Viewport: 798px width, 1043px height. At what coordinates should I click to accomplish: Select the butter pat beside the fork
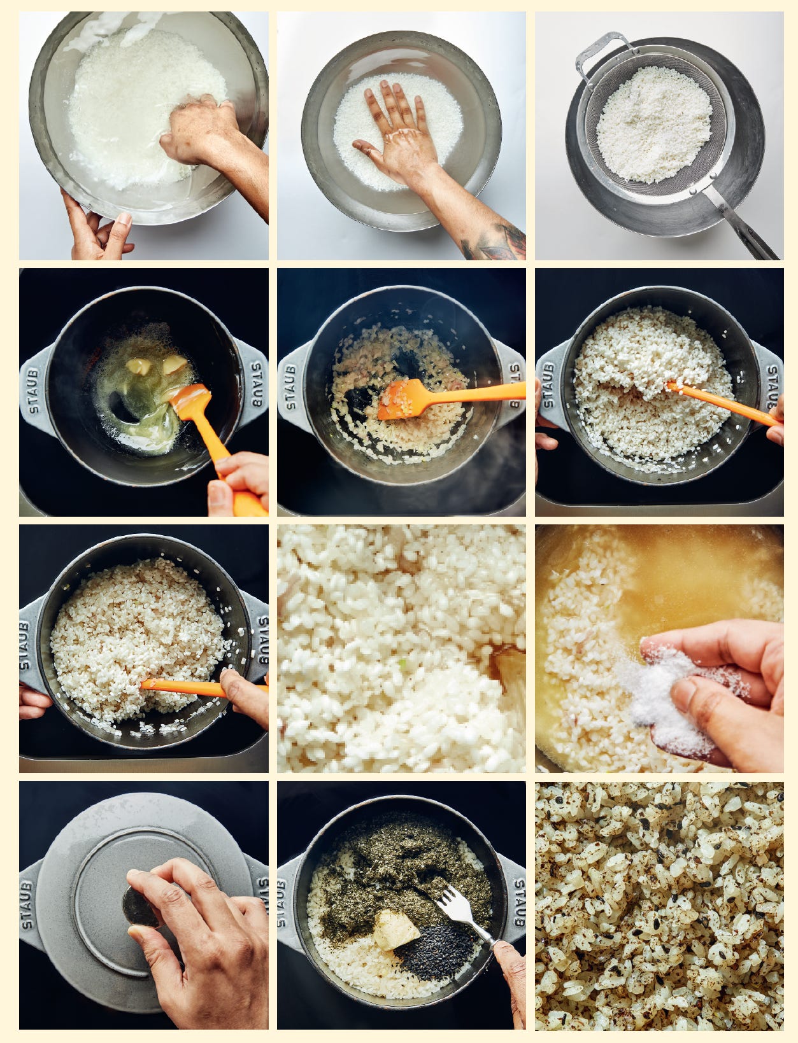pyautogui.click(x=395, y=929)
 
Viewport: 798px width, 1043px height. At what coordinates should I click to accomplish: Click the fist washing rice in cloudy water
pyautogui.click(x=197, y=130)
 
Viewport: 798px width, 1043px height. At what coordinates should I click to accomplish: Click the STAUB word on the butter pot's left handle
pyautogui.click(x=33, y=388)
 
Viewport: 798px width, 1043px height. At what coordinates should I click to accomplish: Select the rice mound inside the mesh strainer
pyautogui.click(x=653, y=124)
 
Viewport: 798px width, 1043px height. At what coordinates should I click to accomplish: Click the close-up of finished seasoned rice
pyautogui.click(x=659, y=904)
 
